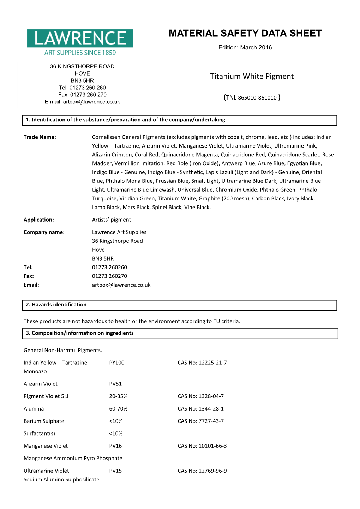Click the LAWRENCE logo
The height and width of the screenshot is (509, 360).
[80, 42]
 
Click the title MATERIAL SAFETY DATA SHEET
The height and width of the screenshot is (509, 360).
[245, 34]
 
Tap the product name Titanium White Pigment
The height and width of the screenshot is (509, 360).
[252, 76]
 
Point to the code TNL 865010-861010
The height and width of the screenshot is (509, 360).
[252, 97]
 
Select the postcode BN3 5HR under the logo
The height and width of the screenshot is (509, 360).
[82, 80]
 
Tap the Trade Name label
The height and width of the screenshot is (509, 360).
[40, 137]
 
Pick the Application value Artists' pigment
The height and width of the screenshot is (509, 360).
[112, 220]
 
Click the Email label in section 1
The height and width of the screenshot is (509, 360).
[31, 285]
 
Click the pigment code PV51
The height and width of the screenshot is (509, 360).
[115, 384]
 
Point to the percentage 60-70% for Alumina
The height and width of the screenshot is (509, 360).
[118, 409]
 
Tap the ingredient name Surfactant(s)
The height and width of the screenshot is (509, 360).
[39, 433]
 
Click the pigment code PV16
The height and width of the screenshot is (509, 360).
[115, 446]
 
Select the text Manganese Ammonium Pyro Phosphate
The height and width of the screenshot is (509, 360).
[73, 458]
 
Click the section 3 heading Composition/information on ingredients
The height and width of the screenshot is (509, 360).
[80, 333]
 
